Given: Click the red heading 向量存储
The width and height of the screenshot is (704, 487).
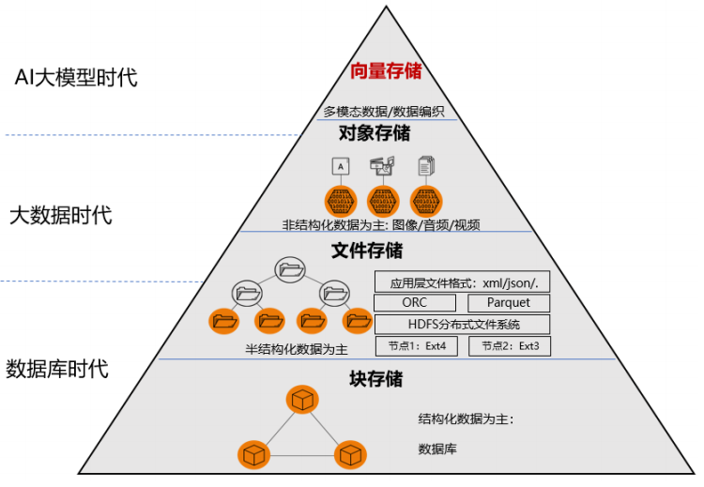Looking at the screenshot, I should [385, 71].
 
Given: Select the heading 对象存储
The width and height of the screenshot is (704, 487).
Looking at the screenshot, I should [375, 133].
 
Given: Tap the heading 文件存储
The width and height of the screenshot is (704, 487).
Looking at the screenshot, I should [367, 251].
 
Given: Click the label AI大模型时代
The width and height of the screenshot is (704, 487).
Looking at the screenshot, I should [76, 77].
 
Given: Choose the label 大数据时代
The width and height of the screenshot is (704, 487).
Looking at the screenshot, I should [60, 215].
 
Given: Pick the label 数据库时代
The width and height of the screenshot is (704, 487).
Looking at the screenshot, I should [57, 368].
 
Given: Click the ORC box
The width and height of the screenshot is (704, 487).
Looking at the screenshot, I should [414, 303].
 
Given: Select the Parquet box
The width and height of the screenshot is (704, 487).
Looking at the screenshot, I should [508, 303].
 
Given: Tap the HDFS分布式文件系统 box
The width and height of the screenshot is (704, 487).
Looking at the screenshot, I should [462, 325].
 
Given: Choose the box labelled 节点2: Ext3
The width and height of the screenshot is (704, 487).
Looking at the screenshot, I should [510, 346].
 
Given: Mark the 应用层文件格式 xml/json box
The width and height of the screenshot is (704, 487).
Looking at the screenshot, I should [462, 282].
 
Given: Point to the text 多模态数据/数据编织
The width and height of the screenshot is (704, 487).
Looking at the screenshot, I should [385, 110].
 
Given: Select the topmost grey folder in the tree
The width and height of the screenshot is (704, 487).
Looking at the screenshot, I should [290, 269].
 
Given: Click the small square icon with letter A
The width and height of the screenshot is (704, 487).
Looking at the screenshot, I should [342, 167].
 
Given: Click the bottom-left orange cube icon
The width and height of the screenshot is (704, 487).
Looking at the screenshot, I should [254, 455].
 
